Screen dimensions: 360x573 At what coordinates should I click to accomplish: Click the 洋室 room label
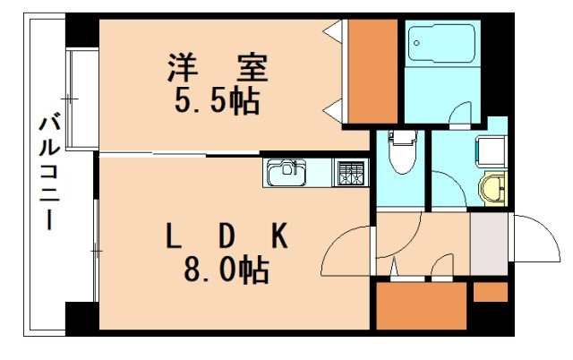[218, 66]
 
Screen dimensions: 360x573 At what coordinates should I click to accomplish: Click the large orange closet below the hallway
[419, 307]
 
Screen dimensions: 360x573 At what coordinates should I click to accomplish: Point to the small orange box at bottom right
[489, 292]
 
